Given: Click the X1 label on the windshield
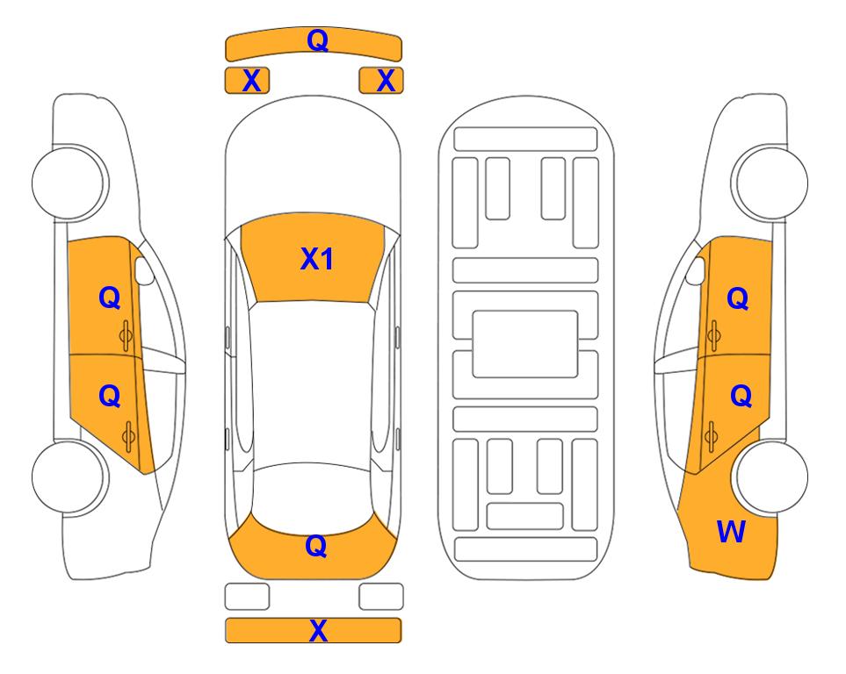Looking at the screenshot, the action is tap(317, 259).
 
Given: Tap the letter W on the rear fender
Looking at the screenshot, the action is tap(731, 532).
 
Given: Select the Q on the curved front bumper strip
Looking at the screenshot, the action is tap(318, 40).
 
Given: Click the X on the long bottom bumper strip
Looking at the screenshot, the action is tap(318, 630).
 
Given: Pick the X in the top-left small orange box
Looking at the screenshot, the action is tap(251, 81).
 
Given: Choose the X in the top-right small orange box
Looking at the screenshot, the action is tap(386, 81).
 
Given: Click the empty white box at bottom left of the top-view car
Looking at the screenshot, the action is tap(247, 597).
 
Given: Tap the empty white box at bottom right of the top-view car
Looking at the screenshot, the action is tap(381, 597).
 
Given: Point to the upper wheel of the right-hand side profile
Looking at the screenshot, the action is tap(770, 183).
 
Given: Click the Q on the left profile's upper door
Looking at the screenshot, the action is tap(110, 298).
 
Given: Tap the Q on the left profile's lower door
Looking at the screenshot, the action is tap(110, 397).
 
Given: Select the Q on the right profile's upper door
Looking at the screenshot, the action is tap(738, 298).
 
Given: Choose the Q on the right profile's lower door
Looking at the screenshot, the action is tap(741, 397).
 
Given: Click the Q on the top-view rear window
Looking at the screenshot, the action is tap(316, 546).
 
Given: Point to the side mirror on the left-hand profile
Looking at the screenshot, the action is tap(143, 270).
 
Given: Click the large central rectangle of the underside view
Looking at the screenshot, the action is tap(525, 344).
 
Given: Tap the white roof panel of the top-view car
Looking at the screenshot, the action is tap(312, 384).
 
